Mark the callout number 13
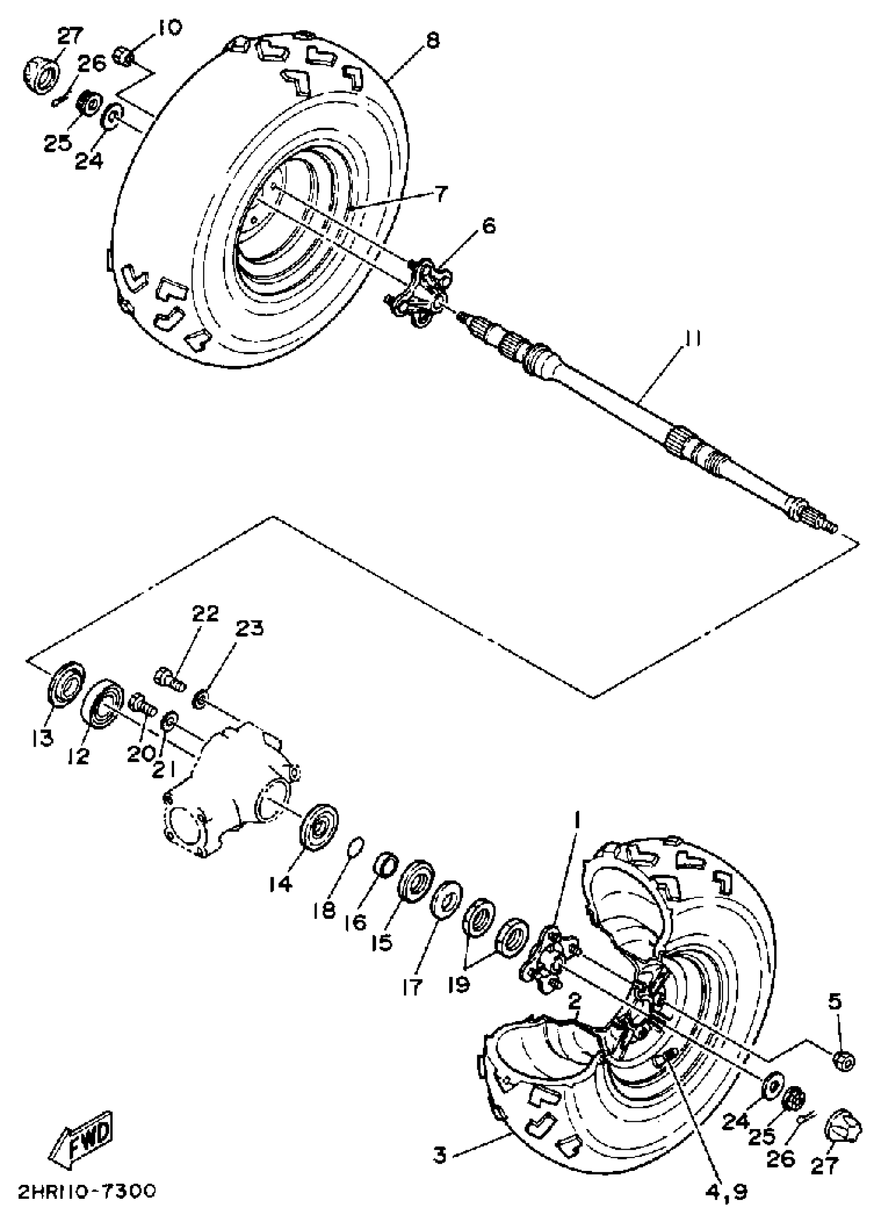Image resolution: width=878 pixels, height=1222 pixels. coord(42,738)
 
